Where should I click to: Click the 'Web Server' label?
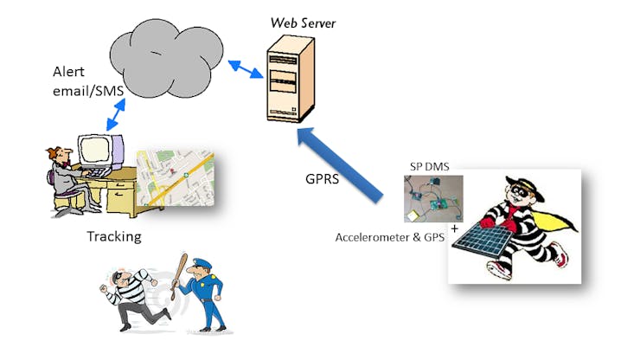pyautogui.click(x=303, y=22)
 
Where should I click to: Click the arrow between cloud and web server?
pyautogui.click(x=246, y=68)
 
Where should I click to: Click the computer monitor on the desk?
pyautogui.click(x=94, y=152)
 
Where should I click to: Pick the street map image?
pyautogui.click(x=173, y=177)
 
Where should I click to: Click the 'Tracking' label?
pyautogui.click(x=114, y=236)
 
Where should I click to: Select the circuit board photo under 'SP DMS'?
pyautogui.click(x=432, y=198)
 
